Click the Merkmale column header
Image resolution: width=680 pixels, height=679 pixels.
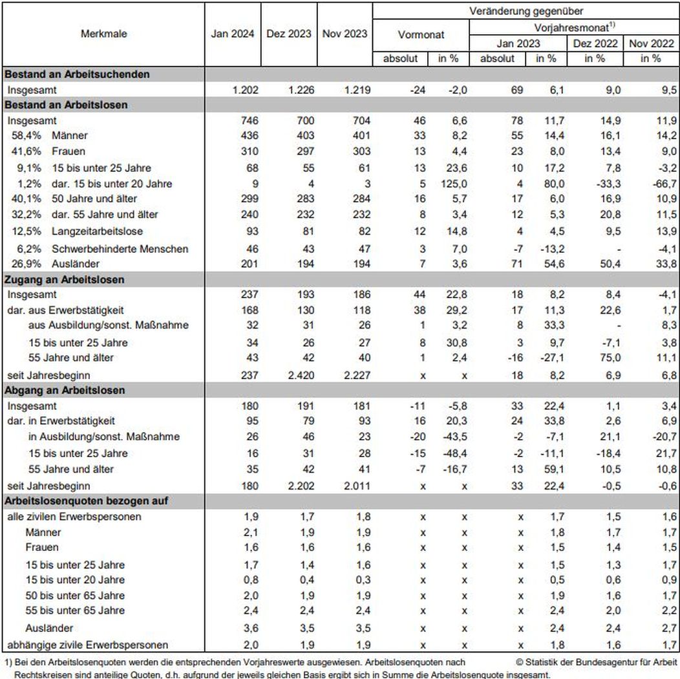click(103, 34)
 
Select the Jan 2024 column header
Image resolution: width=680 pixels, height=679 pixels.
click(233, 34)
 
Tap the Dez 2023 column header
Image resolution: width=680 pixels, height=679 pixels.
click(289, 34)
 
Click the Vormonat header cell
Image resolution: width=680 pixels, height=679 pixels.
click(421, 34)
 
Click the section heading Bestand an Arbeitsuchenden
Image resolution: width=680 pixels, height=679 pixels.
click(77, 74)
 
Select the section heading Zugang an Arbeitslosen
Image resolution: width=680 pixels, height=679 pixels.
click(65, 279)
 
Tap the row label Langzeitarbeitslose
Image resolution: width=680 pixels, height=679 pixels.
click(98, 231)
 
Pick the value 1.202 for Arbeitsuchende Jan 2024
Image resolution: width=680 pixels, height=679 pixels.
click(245, 90)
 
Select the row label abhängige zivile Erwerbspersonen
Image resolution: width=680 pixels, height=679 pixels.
click(88, 645)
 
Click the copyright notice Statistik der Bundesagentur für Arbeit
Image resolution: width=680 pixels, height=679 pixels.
click(597, 662)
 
